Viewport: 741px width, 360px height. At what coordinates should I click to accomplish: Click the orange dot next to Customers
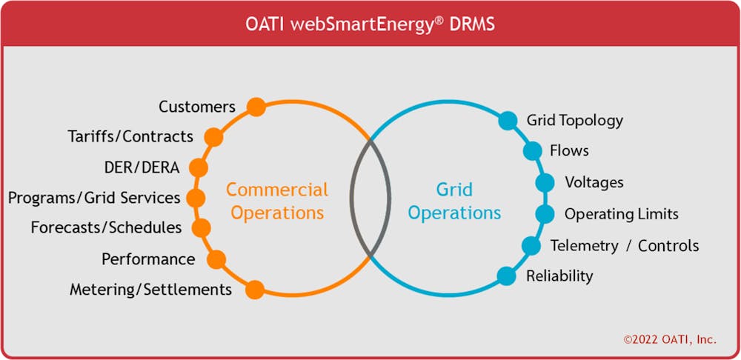(256, 107)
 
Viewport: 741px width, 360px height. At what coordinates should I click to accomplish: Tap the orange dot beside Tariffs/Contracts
(213, 137)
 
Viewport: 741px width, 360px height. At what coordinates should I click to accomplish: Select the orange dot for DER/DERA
(198, 167)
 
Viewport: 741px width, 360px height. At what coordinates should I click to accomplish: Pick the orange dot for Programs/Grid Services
(196, 198)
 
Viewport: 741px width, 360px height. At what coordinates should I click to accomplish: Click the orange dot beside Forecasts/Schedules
(201, 227)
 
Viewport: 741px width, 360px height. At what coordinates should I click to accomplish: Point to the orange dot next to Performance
(216, 259)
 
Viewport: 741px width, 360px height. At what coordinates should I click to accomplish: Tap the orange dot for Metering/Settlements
(255, 290)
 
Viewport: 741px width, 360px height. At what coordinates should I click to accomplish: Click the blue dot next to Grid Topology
(508, 121)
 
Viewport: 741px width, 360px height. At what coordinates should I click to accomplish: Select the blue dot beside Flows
(532, 151)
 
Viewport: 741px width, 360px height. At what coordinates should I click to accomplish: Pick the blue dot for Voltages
(545, 182)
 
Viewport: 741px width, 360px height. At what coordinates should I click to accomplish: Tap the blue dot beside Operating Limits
(545, 214)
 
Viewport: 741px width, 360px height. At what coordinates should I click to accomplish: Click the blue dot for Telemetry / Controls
(531, 246)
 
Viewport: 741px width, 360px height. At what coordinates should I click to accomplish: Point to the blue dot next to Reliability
(506, 276)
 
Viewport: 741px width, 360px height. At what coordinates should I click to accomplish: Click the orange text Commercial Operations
(277, 201)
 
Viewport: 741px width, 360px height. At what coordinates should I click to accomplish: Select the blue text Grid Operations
(454, 201)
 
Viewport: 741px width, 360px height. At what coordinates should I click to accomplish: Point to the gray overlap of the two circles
(370, 199)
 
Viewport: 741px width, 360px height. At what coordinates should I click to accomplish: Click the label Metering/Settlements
(150, 290)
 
